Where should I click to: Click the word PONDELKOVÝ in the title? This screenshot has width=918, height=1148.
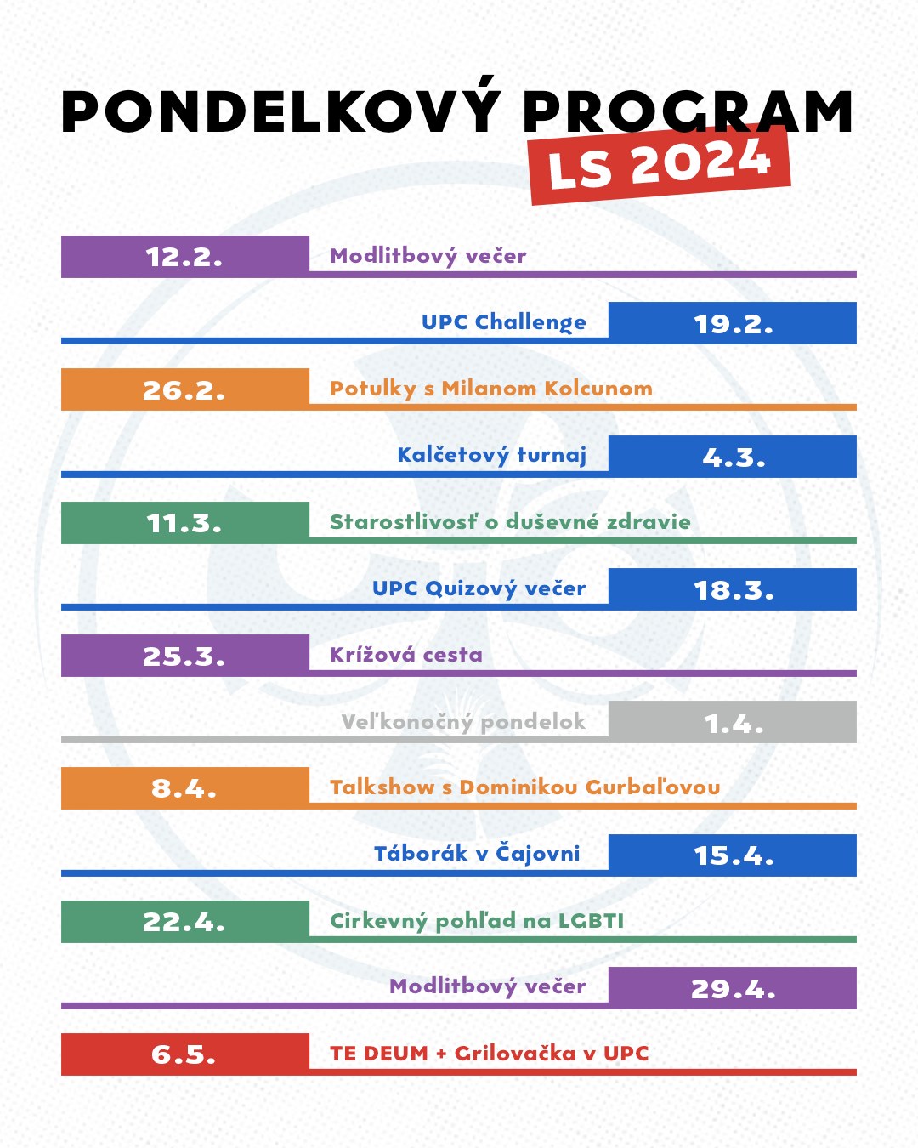click(x=280, y=111)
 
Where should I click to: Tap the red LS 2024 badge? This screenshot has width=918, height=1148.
click(x=660, y=163)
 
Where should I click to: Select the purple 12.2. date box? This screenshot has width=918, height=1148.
click(x=184, y=256)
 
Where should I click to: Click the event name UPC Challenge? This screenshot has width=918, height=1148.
click(x=503, y=322)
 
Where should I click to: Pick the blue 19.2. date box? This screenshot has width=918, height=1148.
click(x=733, y=323)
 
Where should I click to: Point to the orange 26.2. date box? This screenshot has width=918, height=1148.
click(x=184, y=389)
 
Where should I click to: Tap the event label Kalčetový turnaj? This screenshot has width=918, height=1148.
click(x=491, y=456)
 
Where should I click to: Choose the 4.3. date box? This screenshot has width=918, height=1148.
click(x=733, y=457)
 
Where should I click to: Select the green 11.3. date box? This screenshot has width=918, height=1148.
click(x=184, y=522)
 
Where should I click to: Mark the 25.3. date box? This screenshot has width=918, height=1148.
click(x=184, y=656)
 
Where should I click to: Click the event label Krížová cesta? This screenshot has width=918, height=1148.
click(x=405, y=655)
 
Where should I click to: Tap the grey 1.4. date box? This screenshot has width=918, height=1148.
click(x=733, y=722)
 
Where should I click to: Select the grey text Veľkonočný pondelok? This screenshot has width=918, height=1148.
click(x=463, y=722)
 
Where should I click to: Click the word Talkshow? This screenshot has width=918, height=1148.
click(x=382, y=787)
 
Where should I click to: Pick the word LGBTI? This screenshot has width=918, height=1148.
click(x=591, y=921)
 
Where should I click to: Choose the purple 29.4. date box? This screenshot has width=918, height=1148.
click(x=733, y=988)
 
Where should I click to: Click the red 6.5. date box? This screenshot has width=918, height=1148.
click(x=184, y=1054)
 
